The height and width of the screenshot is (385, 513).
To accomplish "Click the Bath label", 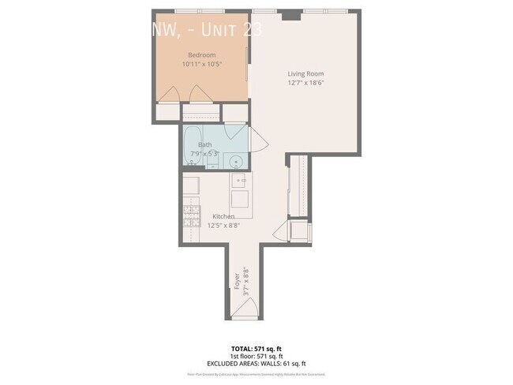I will tap(205, 144).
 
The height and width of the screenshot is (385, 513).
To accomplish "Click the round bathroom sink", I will tap(234, 161).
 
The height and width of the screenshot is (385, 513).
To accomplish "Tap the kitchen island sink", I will tap(241, 181).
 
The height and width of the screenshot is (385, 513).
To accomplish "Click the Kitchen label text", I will tap(223, 216).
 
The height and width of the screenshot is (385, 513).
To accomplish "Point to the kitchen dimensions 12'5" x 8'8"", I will tap(223, 226).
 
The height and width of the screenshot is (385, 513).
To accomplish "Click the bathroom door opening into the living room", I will tap(257, 143).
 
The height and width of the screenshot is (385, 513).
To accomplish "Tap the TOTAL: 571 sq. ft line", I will tap(256, 348).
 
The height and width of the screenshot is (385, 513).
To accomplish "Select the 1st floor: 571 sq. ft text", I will tap(256, 355).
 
